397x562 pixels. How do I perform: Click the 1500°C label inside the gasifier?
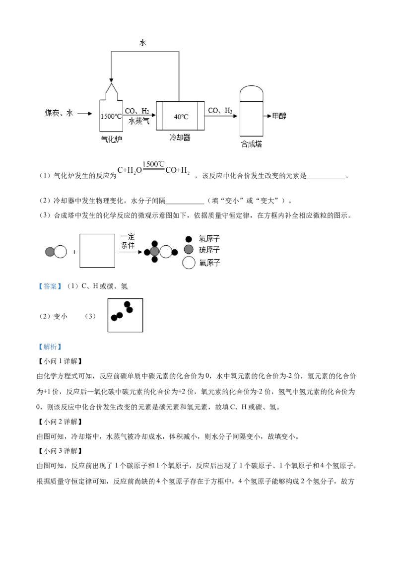pos(111,117)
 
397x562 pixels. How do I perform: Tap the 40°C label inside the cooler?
pos(181,117)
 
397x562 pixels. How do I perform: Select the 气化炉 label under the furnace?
pos(111,139)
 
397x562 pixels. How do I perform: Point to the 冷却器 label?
pos(180,138)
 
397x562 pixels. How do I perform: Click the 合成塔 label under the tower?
pos(251,144)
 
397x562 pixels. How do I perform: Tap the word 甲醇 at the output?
pos(279,116)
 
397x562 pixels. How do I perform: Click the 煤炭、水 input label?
pos(59,113)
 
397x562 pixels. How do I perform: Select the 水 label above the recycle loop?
pos(142,43)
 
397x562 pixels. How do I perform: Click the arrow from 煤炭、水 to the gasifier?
pos(85,114)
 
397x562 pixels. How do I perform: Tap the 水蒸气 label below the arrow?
pos(138,121)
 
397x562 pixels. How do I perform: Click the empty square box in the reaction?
pos(97,251)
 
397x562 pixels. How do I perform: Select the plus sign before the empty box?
pos(74,252)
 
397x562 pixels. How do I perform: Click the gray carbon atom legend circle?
pos(189,249)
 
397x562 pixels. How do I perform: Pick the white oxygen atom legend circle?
pos(189,263)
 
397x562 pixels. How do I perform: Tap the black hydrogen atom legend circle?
pos(189,239)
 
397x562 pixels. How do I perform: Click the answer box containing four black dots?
pos(125,315)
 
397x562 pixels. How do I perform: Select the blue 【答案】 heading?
pos(50,286)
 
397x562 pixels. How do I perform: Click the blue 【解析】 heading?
pos(50,347)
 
